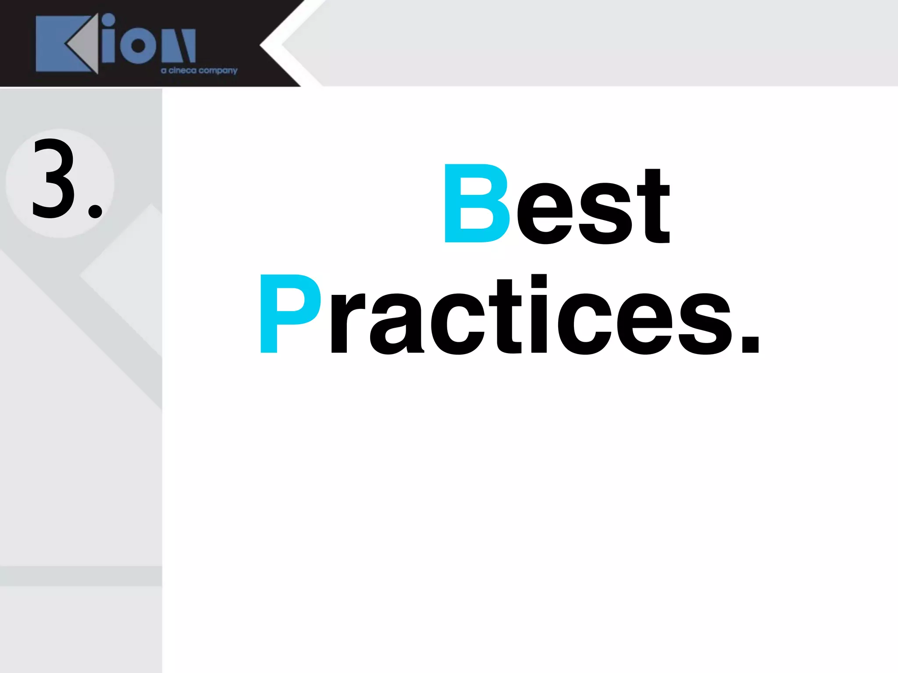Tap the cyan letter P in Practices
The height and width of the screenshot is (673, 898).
289,313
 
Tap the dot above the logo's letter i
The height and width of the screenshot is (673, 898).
108,20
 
